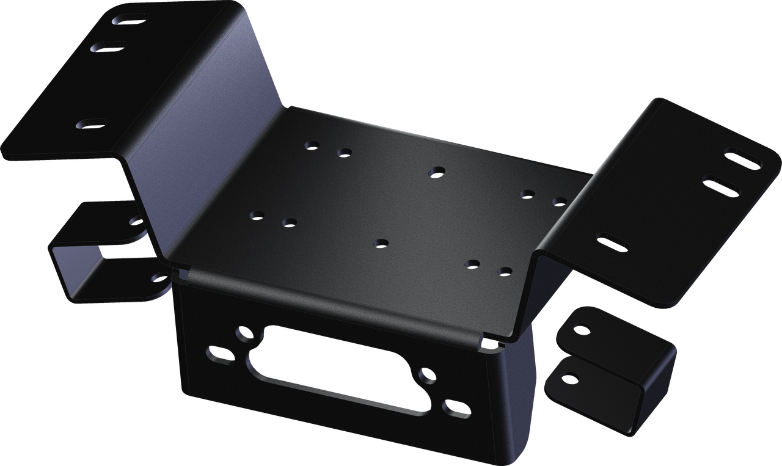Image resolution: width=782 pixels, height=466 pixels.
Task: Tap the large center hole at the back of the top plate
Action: pyautogui.click(x=436, y=172)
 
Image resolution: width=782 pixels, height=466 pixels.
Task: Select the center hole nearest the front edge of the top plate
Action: pyautogui.click(x=381, y=243)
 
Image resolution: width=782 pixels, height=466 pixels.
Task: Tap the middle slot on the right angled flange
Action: pyautogui.click(x=722, y=186)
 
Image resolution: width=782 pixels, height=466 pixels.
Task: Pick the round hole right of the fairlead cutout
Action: pyautogui.click(x=426, y=376)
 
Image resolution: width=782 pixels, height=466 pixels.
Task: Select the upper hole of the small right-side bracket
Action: pyautogui.click(x=581, y=330)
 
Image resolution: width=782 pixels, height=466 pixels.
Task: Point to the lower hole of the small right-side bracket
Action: pyautogui.click(x=569, y=379)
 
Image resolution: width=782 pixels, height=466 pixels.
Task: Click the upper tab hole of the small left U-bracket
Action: pyautogui.click(x=136, y=222)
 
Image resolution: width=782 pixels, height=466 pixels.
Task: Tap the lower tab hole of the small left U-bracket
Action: pyautogui.click(x=160, y=279)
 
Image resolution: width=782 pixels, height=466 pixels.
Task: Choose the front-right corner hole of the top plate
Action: pyautogui.click(x=505, y=271)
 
